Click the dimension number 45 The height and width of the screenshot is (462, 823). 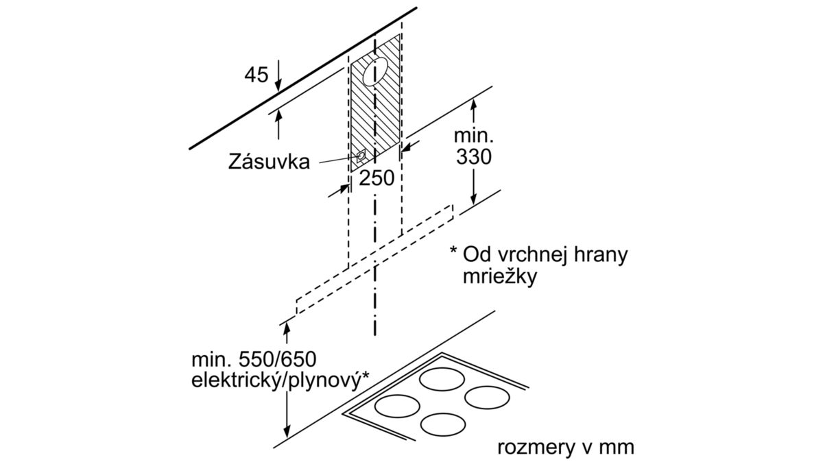point(257,75)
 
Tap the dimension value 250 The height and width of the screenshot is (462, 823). point(377,178)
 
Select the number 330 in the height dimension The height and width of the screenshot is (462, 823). point(474,157)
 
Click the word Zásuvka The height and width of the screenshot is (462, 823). point(269,162)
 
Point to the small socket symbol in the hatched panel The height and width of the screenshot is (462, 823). point(361,156)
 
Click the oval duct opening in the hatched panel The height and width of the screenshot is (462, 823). point(375,71)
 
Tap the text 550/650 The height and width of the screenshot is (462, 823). point(277,360)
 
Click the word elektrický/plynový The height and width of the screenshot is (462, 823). point(276,381)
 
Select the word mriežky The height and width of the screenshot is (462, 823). point(500,278)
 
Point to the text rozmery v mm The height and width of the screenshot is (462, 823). point(566,448)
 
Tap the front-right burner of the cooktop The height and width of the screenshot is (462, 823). point(443,425)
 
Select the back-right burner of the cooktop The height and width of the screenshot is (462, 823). point(487,398)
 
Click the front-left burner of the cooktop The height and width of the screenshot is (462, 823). point(397,406)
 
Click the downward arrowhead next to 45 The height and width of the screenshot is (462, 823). point(278,85)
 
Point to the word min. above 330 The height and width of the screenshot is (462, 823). point(474,136)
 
